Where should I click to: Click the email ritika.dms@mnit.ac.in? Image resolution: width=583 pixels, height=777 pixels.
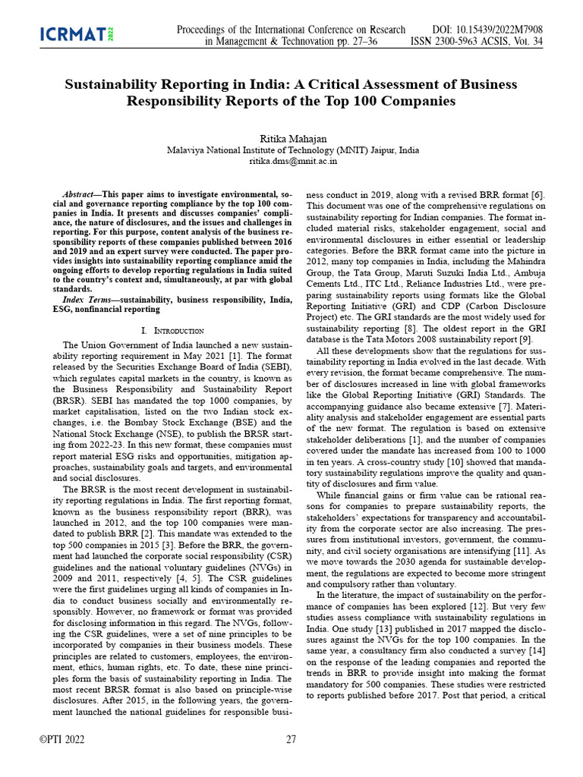point(291,162)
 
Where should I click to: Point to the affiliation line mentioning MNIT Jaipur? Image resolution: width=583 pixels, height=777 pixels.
point(291,150)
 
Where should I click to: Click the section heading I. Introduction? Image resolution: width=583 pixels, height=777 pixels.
point(172,331)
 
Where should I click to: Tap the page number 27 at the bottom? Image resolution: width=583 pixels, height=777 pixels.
point(291,739)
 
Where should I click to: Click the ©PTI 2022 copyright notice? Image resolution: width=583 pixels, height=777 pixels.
point(61,739)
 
